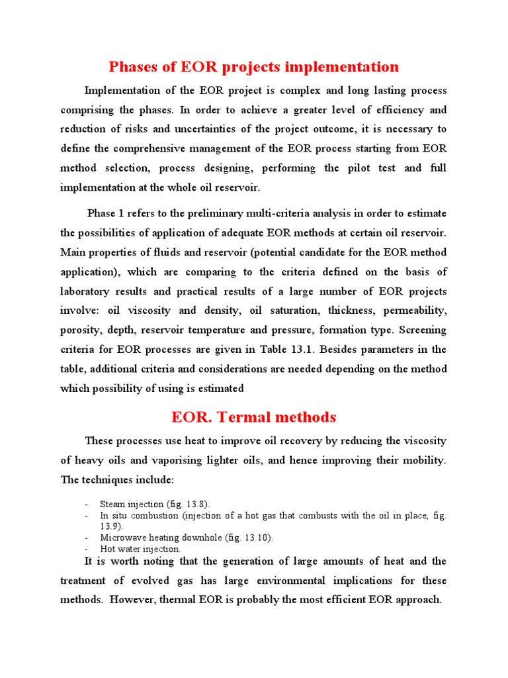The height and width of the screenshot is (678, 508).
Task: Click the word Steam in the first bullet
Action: tap(113, 504)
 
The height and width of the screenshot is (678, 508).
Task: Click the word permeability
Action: tap(415, 310)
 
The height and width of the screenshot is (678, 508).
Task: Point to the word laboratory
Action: tap(88, 291)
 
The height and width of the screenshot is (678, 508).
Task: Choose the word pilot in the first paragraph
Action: tap(360, 168)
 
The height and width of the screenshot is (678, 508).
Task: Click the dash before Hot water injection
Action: tap(88, 549)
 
